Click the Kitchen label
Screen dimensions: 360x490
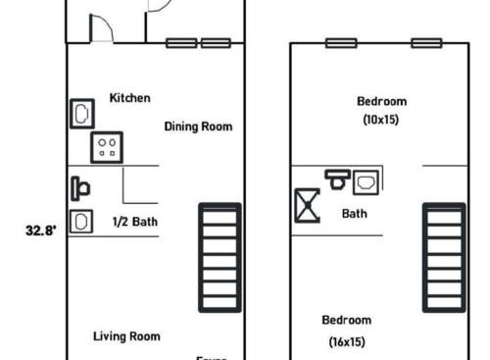(x=129, y=98)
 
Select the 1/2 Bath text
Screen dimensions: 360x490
(x=135, y=222)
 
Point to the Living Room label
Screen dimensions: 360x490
(x=126, y=336)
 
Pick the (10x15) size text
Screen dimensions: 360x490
(x=381, y=120)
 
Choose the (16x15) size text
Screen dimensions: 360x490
(x=347, y=342)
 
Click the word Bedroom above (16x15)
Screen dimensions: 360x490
(x=347, y=320)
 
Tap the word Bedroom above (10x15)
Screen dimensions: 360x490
(x=381, y=101)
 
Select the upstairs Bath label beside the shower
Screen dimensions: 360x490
(x=355, y=213)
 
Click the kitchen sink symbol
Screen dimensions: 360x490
(x=80, y=114)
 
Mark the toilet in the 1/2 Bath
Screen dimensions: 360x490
(x=81, y=186)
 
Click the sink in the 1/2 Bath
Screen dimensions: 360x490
(x=80, y=221)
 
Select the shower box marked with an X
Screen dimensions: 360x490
(x=307, y=206)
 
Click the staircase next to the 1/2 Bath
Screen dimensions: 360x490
(x=220, y=257)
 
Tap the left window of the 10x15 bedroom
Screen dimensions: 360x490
(x=341, y=43)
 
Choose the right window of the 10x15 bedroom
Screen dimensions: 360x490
(x=425, y=43)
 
